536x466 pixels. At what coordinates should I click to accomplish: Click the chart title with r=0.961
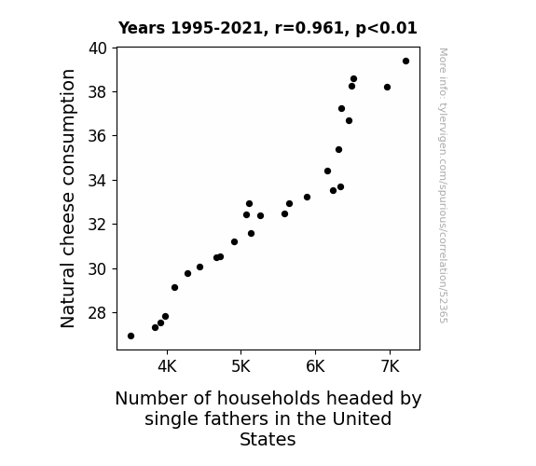coord(268,28)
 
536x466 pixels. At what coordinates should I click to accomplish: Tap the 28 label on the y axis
coord(98,313)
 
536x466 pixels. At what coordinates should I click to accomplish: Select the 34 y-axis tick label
coord(98,180)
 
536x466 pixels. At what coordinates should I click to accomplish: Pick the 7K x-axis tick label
coord(390,366)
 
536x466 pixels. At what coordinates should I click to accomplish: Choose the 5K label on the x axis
coord(241,366)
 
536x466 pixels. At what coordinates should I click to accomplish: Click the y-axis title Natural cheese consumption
coord(67,199)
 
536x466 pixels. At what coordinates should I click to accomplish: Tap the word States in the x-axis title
coord(268,439)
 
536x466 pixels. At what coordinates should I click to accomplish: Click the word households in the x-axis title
coord(270,398)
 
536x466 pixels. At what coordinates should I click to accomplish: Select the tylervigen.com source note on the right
coord(443,185)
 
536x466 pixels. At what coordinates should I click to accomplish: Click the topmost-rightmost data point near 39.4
coord(405,62)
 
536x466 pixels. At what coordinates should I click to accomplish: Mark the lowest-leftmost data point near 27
coord(131,336)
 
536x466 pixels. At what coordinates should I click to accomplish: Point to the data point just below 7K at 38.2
coord(387,88)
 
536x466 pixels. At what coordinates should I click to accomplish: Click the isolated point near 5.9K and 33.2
coord(307,198)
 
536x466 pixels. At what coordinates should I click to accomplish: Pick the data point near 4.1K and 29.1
coord(174,288)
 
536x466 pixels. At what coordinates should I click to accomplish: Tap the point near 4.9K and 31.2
coord(234,242)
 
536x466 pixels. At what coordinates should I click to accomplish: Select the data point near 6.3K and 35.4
coord(338,150)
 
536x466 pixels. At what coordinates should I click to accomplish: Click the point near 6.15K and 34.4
coord(327,171)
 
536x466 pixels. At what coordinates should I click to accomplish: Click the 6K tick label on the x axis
coord(315,366)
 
